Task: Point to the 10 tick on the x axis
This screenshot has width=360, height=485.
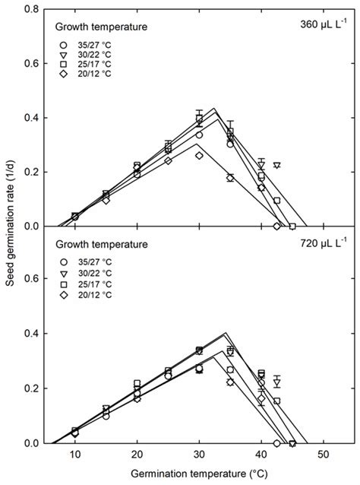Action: point(74,455)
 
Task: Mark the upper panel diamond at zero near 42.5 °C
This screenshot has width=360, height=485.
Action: point(276,226)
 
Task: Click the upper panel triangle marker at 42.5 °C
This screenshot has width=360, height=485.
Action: point(277,165)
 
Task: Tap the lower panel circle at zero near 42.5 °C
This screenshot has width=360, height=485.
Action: point(276,443)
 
